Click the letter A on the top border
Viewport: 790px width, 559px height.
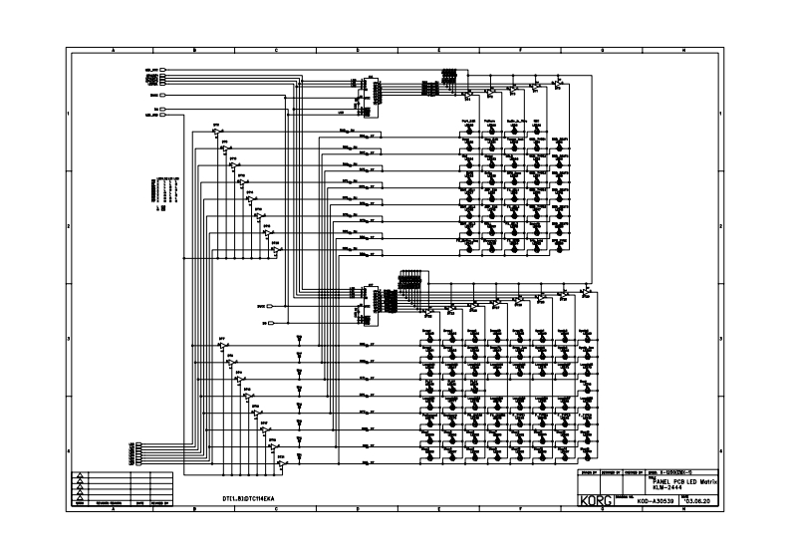pyautogui.click(x=112, y=50)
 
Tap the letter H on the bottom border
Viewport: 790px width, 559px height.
pyautogui.click(x=683, y=510)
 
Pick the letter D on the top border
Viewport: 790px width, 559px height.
pyautogui.click(x=357, y=50)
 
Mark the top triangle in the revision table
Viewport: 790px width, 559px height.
pyautogui.click(x=80, y=475)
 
